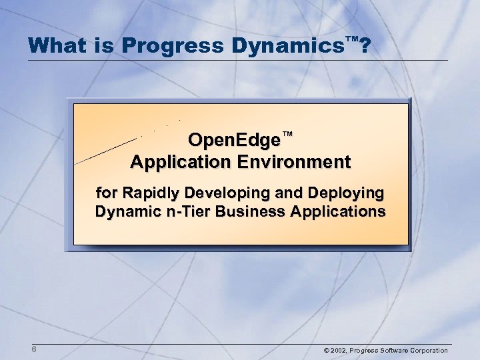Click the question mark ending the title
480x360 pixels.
pos(365,45)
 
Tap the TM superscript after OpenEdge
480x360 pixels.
pos(287,135)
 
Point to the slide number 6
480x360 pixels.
pos(33,351)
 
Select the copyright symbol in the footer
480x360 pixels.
pos(325,351)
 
